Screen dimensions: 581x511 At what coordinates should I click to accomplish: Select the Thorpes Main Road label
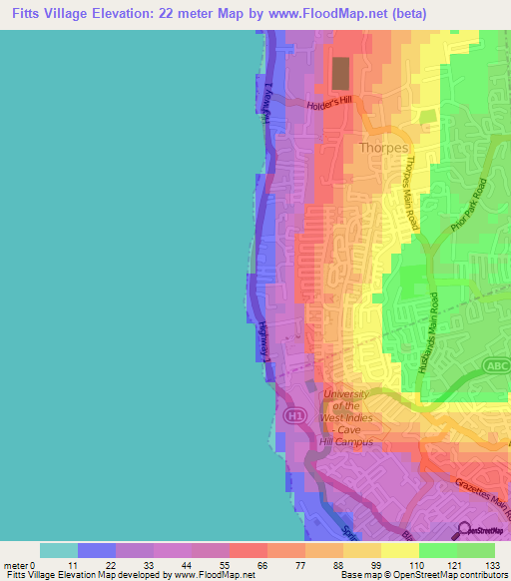(412, 194)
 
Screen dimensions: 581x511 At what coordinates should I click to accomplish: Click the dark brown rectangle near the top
(340, 73)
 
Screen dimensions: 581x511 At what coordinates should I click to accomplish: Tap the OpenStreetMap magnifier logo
(464, 532)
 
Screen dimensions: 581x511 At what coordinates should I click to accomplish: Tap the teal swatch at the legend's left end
(58, 550)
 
